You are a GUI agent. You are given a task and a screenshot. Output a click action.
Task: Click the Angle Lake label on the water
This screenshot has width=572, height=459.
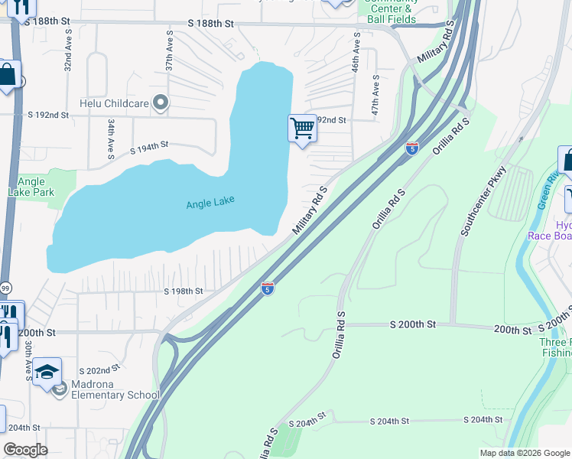(x=210, y=203)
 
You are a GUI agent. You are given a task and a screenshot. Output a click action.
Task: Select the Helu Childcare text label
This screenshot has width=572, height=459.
(x=114, y=102)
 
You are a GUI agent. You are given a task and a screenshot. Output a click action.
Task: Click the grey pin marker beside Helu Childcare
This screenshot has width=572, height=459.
(x=161, y=102)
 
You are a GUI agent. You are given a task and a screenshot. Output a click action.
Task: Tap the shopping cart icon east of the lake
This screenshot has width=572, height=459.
(x=302, y=129)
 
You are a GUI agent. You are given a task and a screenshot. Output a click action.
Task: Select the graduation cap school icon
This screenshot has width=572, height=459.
(x=47, y=373)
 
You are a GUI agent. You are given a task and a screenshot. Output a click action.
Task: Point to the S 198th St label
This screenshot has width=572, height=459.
(x=184, y=291)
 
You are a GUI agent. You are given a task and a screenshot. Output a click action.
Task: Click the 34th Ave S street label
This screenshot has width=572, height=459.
(x=111, y=135)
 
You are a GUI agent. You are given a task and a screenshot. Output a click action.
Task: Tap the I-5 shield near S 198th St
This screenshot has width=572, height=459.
(x=267, y=288)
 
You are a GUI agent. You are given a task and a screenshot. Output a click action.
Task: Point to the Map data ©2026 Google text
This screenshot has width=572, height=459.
(x=524, y=453)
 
